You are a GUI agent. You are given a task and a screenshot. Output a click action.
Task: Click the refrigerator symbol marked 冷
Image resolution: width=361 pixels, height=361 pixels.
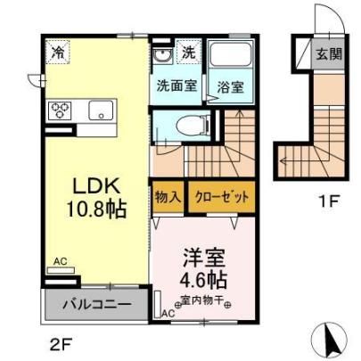point(58,52)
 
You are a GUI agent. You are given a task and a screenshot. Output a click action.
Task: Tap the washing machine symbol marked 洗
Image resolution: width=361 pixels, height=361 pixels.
point(189,52)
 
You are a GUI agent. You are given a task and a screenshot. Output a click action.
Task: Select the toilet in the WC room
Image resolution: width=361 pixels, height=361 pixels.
point(193,126)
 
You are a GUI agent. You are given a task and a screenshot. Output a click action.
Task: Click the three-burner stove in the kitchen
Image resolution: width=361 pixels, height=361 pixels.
point(60,110)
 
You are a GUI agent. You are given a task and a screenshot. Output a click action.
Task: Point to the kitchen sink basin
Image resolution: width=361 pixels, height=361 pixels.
point(101,110)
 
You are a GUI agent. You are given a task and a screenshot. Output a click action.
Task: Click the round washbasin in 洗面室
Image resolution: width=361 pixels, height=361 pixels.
point(162,55)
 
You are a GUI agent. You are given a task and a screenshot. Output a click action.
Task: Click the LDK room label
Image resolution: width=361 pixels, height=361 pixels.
point(97,186)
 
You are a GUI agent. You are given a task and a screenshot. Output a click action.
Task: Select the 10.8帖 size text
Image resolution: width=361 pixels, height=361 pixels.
point(97,209)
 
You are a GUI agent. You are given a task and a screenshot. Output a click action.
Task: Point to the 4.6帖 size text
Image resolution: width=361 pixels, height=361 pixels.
point(204,280)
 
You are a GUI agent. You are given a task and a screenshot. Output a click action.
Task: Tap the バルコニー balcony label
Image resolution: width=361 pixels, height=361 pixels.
point(97,305)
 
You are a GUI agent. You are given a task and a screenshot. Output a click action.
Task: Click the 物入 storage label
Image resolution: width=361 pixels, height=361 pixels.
point(168,197)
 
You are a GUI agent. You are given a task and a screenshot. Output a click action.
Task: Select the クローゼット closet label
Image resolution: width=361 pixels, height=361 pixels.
point(221,197)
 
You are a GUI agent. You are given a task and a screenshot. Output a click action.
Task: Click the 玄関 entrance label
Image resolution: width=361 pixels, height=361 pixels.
point(329,54)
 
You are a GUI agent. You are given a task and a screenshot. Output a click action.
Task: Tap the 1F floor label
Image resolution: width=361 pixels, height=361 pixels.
point(329,202)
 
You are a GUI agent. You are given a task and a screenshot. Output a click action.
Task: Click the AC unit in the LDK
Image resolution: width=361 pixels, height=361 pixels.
point(61,270)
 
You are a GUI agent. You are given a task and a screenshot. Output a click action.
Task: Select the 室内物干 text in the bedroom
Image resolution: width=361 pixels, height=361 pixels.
point(202,300)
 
